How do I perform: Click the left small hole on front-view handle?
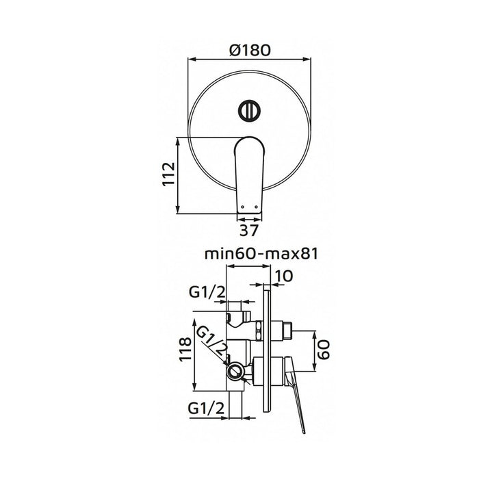[244, 203]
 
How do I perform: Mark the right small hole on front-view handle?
[254, 203]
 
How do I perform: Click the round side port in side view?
[235, 372]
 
